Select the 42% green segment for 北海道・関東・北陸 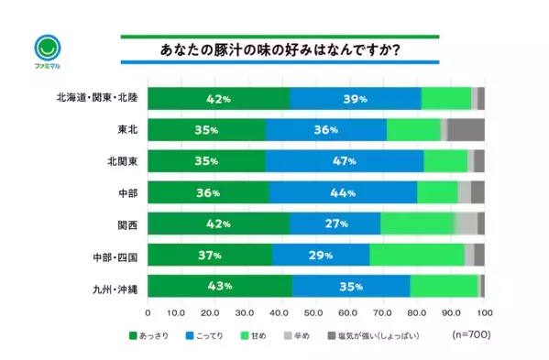[x=218, y=98]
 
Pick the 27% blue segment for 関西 [x=335, y=223]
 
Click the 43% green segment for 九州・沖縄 [x=220, y=286]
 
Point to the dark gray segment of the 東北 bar [x=466, y=129]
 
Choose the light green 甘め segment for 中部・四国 [x=416, y=255]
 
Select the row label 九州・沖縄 [x=111, y=287]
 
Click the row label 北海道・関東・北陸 [x=95, y=98]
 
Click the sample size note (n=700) [x=470, y=336]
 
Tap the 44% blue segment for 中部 [x=343, y=192]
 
